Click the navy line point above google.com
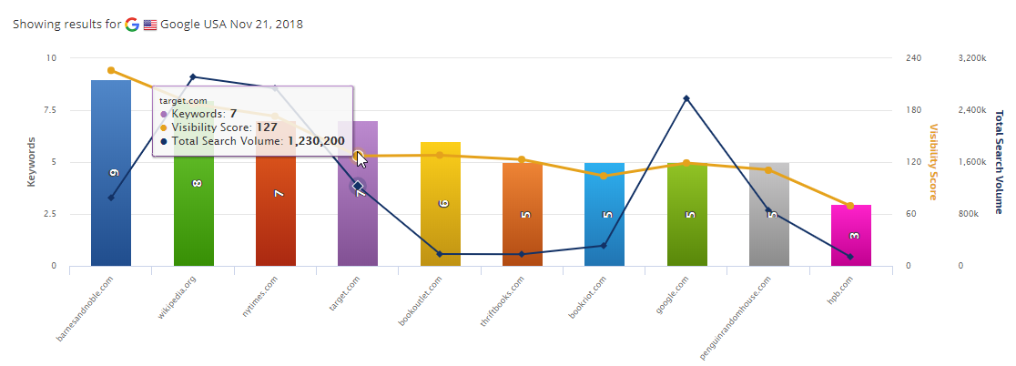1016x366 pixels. pyautogui.click(x=686, y=98)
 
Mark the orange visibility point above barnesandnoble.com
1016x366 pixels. pyautogui.click(x=111, y=70)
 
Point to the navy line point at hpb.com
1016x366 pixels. pyautogui.click(x=850, y=257)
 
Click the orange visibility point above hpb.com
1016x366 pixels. pyautogui.click(x=850, y=206)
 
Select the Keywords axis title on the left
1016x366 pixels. pyautogui.click(x=31, y=162)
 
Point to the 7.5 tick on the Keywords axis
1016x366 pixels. pyautogui.click(x=46, y=110)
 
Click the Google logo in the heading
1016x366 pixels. pyautogui.click(x=132, y=25)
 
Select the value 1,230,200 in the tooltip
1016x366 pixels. pyautogui.click(x=316, y=141)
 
